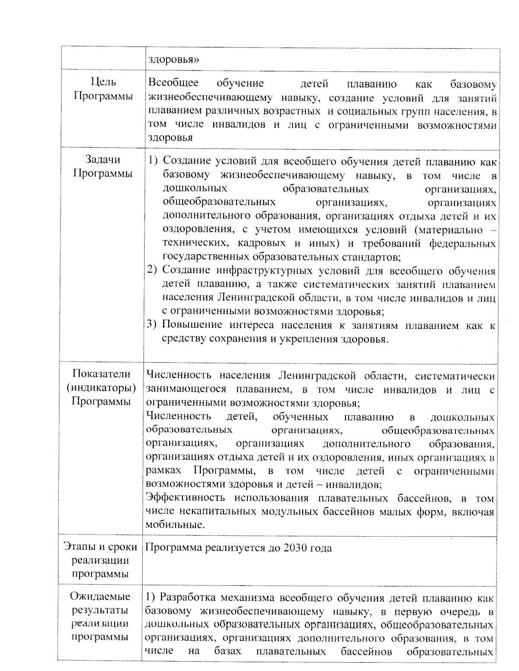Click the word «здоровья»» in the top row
173,60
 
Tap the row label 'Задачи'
103,160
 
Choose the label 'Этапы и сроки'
100,547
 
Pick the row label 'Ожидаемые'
100,596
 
